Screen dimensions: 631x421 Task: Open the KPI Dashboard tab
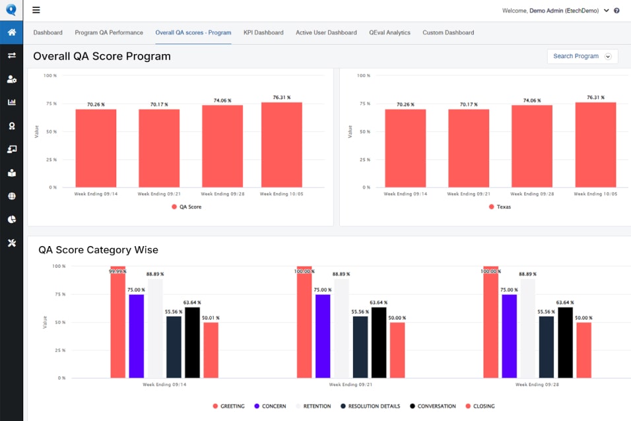(263, 32)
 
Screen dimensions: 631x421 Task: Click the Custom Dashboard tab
(448, 32)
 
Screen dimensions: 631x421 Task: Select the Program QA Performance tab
(109, 32)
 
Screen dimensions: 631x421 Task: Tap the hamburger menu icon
(36, 10)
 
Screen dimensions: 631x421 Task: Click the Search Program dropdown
(582, 56)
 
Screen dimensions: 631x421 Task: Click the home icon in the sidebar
(12, 32)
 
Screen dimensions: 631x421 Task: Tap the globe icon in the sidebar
(12, 196)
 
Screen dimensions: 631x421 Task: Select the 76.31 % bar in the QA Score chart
(282, 145)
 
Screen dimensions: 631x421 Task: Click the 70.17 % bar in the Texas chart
(469, 148)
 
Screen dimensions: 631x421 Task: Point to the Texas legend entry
(500, 207)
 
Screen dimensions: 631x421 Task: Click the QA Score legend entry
(187, 207)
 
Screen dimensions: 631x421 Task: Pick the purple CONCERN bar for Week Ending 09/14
(137, 336)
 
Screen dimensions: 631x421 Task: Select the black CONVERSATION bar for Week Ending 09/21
(379, 342)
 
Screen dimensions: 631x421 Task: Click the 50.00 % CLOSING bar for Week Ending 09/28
(584, 350)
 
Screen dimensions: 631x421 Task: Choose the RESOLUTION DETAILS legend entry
(370, 406)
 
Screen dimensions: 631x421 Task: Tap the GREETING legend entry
(228, 406)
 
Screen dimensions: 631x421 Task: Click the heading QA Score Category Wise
(98, 250)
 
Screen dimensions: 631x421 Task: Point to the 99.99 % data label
(117, 272)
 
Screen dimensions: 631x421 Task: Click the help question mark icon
(616, 11)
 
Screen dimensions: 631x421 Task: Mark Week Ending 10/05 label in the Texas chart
(595, 194)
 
